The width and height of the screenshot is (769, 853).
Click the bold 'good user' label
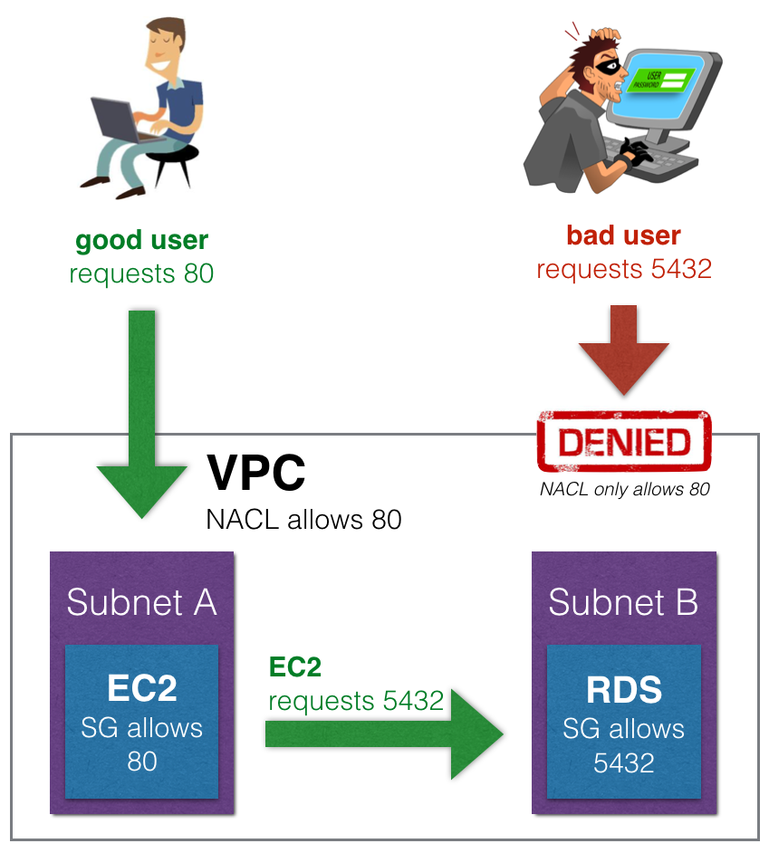click(141, 241)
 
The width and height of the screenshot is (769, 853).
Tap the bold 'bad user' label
click(623, 235)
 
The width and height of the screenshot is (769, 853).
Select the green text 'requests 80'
click(141, 273)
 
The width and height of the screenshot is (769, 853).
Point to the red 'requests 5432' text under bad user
click(623, 269)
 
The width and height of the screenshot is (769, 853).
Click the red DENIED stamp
click(624, 442)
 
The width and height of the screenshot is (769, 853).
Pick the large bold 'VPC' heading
click(256, 472)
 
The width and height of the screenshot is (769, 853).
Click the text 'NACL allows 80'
click(303, 520)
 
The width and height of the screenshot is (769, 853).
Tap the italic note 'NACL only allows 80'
click(624, 490)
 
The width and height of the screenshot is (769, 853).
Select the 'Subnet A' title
click(141, 602)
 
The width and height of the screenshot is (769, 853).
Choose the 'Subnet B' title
click(623, 602)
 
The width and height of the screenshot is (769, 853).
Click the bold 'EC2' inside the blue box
click(142, 689)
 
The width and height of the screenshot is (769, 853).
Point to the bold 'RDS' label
click(624, 690)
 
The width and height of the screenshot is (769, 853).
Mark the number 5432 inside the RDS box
click(624, 762)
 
